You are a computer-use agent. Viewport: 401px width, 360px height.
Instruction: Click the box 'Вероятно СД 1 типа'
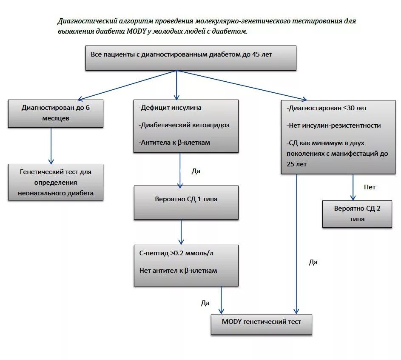click(186, 202)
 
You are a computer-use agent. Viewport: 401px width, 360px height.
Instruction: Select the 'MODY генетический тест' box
click(261, 324)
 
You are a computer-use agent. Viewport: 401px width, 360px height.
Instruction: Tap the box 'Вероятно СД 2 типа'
click(357, 214)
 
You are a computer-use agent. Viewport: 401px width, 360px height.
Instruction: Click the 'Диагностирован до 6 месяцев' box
click(56, 113)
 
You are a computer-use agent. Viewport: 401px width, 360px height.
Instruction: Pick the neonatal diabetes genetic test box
click(56, 182)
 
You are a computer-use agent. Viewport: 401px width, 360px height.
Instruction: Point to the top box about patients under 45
click(191, 58)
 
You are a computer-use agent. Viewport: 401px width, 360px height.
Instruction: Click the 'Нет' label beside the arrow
click(370, 187)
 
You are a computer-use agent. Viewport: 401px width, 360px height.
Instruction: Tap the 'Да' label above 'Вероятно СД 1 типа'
click(196, 171)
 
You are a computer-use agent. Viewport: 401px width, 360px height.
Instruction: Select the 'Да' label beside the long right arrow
click(313, 262)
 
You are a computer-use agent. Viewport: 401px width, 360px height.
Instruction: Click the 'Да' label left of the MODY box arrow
click(205, 303)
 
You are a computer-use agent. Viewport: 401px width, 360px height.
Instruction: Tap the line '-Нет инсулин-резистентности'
click(333, 126)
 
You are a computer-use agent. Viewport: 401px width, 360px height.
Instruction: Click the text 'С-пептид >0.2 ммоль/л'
click(176, 253)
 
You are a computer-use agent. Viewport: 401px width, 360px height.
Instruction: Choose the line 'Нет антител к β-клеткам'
click(178, 270)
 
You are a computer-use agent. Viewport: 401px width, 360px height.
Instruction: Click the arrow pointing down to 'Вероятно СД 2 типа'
click(353, 187)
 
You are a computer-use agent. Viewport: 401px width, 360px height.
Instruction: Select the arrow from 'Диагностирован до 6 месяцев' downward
click(51, 146)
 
